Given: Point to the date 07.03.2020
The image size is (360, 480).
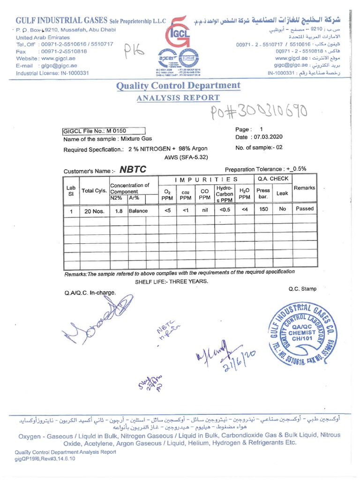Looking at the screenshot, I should click(266, 137).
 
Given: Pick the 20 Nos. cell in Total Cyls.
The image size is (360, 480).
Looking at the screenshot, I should click(94, 211).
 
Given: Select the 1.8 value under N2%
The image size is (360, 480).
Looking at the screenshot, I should click(119, 211).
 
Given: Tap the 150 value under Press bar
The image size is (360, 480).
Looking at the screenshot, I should click(263, 209).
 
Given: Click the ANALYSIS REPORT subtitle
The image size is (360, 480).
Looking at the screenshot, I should click(178, 97).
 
